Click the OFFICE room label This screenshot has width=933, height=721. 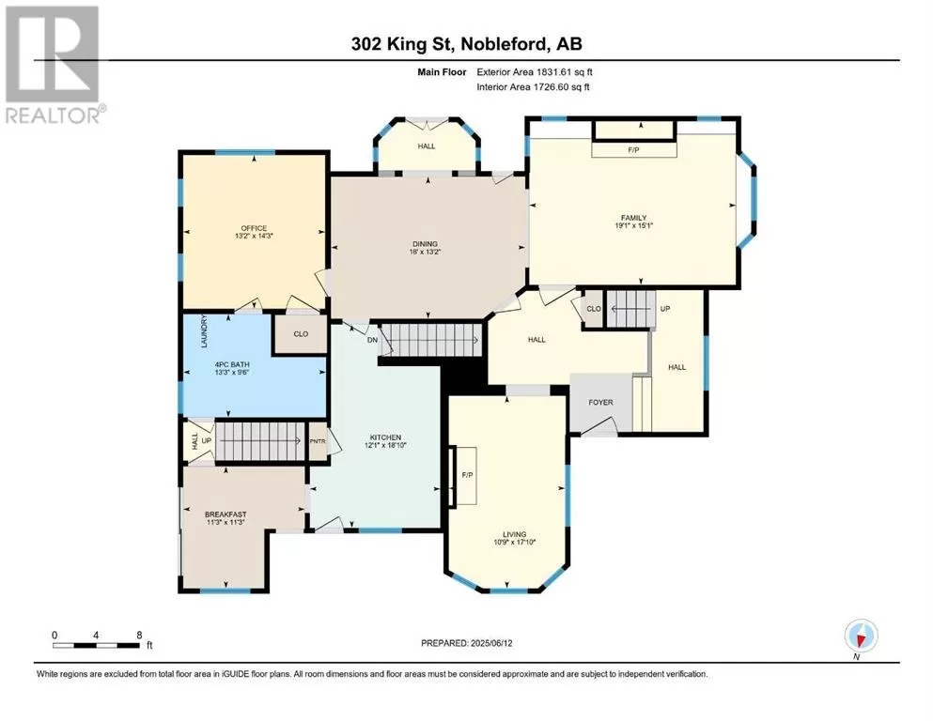[254, 228]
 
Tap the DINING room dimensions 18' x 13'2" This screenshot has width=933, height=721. [425, 252]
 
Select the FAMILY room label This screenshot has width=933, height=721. [633, 218]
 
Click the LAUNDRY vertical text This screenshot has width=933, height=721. [204, 331]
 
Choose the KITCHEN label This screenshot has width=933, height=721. [385, 437]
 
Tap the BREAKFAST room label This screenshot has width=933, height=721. [225, 514]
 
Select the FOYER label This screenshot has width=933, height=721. [601, 403]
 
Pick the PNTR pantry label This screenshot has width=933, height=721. [318, 441]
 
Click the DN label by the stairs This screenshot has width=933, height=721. [372, 340]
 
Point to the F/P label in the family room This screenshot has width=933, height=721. [633, 150]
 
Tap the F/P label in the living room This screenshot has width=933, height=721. [468, 475]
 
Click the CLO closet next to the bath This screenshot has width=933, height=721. [301, 334]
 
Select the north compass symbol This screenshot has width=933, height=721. [861, 636]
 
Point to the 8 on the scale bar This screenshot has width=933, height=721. [139, 635]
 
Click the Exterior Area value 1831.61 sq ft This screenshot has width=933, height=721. [565, 72]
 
